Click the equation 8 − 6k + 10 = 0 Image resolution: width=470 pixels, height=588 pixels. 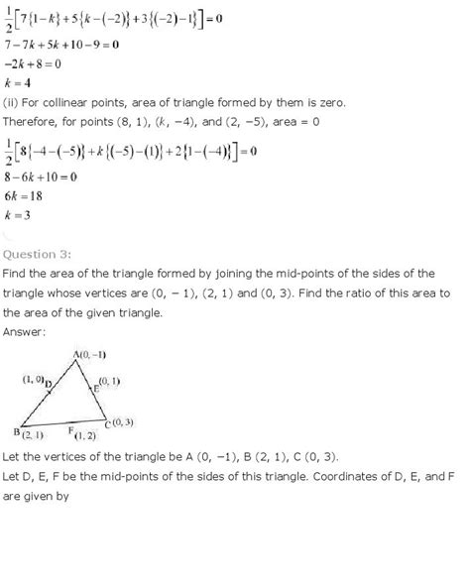48,187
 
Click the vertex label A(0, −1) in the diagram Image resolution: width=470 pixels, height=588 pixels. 94,355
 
